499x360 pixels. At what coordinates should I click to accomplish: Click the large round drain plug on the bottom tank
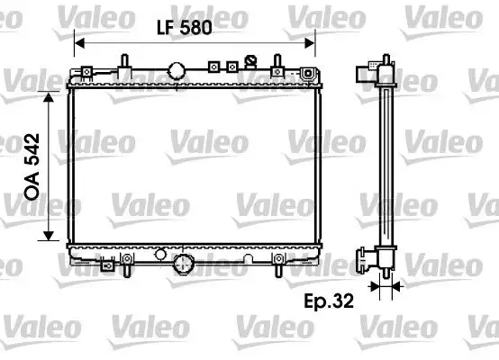pos(185,265)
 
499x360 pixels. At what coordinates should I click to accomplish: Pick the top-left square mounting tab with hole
pos(86,72)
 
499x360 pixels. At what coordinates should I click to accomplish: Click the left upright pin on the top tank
pos(122,63)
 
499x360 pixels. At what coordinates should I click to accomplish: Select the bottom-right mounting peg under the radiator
pos(278,266)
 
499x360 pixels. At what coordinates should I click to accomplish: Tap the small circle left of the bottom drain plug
pos(160,254)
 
